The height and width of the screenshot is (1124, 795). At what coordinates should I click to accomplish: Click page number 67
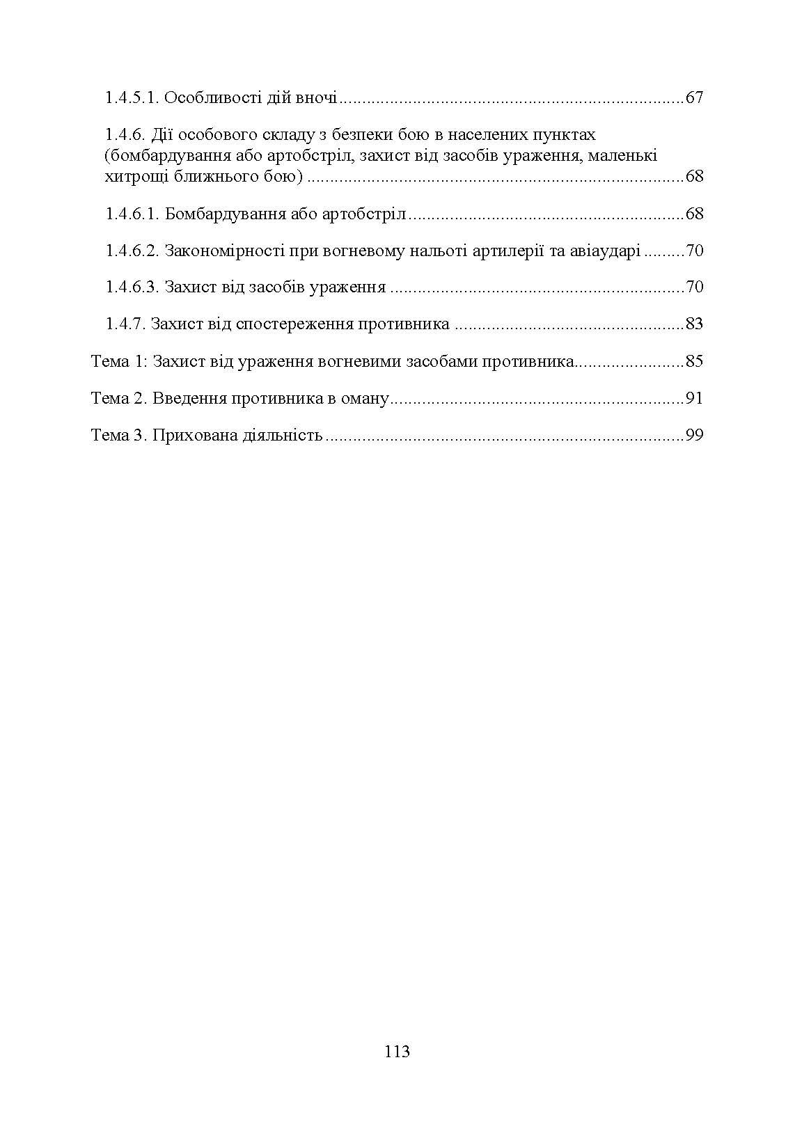(694, 97)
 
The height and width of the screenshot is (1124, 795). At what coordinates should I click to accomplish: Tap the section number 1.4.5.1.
(132, 97)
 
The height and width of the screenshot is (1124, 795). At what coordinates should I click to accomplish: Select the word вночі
(316, 97)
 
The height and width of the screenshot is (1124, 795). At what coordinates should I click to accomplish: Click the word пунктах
(561, 134)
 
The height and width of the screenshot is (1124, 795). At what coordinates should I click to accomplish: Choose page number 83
(694, 324)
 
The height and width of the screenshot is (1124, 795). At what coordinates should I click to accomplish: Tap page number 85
(694, 361)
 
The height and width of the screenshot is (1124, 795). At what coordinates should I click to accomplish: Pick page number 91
(694, 398)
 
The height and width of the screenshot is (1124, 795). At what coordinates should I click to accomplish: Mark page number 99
(694, 436)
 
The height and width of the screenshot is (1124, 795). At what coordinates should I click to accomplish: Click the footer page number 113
(397, 1051)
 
